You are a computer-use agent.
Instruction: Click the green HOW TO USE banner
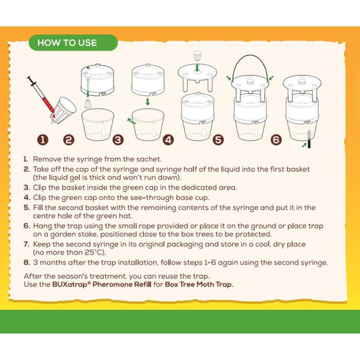click(x=73, y=43)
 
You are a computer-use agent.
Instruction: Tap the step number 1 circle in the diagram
click(x=43, y=140)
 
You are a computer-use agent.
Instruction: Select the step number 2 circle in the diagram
click(x=69, y=140)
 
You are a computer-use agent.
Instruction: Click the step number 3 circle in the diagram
click(x=118, y=140)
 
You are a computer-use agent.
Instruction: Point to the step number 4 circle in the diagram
click(x=168, y=140)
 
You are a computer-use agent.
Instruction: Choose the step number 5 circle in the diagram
click(x=218, y=140)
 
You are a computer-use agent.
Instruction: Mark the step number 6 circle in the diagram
click(x=276, y=140)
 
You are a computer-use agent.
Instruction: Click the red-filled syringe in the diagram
click(x=41, y=94)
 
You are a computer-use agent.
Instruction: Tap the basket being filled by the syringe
click(x=63, y=109)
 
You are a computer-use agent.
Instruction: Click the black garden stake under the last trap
click(x=309, y=139)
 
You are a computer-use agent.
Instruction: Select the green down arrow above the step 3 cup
click(x=148, y=102)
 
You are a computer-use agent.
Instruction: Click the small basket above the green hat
click(x=197, y=56)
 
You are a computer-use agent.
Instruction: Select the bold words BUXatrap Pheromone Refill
click(x=102, y=284)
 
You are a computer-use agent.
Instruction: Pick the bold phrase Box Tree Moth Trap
click(x=199, y=284)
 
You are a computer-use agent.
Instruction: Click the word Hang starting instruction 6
click(x=41, y=226)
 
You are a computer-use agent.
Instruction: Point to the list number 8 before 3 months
click(x=26, y=263)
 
